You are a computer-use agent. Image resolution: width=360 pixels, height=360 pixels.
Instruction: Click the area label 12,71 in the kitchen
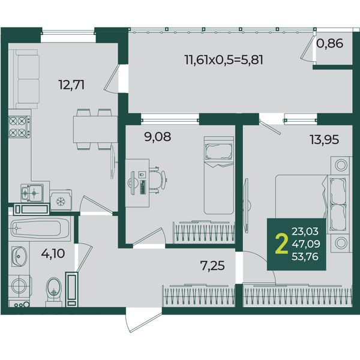tap(72, 85)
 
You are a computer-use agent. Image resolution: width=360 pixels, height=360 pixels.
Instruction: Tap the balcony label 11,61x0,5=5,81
tap(224, 60)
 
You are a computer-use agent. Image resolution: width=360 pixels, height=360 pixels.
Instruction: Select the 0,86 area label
tap(329, 43)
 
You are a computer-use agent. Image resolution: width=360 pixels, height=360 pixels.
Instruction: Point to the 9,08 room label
tap(157, 137)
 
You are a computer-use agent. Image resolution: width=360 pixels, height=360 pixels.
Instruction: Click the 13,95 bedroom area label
tap(324, 139)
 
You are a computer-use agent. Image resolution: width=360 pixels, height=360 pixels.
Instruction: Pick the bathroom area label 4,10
tap(53, 254)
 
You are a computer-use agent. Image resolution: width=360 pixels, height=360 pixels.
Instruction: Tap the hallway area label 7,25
tap(212, 266)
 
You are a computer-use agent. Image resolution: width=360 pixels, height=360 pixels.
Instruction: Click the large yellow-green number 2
tap(281, 244)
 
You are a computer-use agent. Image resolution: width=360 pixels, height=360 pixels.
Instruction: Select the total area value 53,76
tap(305, 256)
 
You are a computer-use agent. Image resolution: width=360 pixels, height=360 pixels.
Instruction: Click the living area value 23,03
tap(305, 231)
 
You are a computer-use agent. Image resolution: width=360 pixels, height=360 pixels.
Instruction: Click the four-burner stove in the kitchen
tap(19, 127)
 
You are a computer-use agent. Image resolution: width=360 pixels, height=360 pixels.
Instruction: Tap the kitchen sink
tap(32, 193)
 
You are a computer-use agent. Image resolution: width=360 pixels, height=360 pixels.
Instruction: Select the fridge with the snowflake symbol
tap(61, 200)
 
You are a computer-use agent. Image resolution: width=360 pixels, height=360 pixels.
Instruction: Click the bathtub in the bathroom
tap(39, 228)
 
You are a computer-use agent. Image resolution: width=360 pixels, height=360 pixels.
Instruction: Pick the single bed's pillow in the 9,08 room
tap(219, 152)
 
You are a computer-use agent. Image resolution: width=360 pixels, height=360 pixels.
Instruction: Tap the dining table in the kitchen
tap(95, 129)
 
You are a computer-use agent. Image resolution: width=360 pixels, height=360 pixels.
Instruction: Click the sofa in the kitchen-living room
tap(26, 79)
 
